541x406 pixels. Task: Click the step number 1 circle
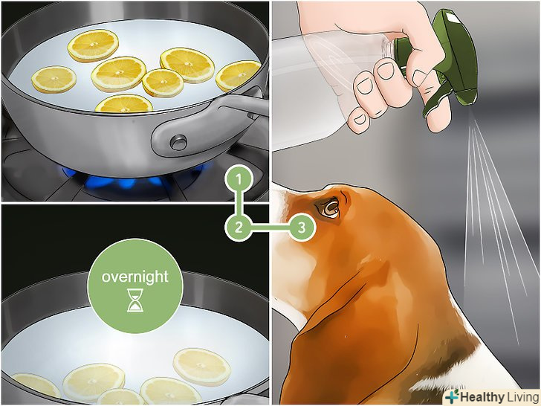coord(239,178)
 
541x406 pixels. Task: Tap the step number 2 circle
coord(239,228)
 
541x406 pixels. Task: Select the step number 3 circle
coord(301,228)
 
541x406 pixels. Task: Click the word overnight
coord(135,277)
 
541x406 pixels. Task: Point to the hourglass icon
coord(135,300)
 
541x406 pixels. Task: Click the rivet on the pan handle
coord(178,142)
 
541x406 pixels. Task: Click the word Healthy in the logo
coord(482,397)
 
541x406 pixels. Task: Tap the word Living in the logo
coord(522,397)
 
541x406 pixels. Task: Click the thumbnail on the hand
coord(418,77)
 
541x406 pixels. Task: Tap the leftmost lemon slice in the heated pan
coord(54,80)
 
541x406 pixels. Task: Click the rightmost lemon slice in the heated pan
coord(238,75)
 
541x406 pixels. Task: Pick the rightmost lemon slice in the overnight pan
coord(202,367)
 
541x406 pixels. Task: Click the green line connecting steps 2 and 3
coord(270,228)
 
